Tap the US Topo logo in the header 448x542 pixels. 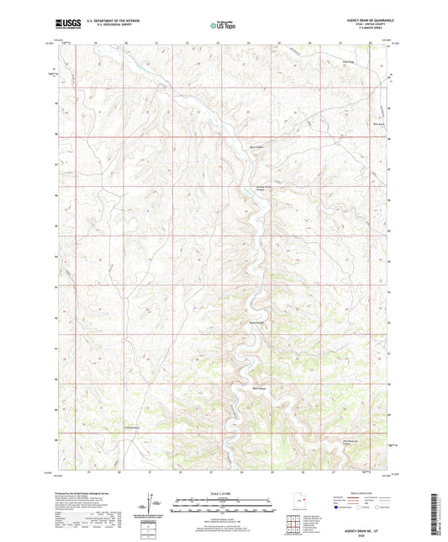224,26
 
